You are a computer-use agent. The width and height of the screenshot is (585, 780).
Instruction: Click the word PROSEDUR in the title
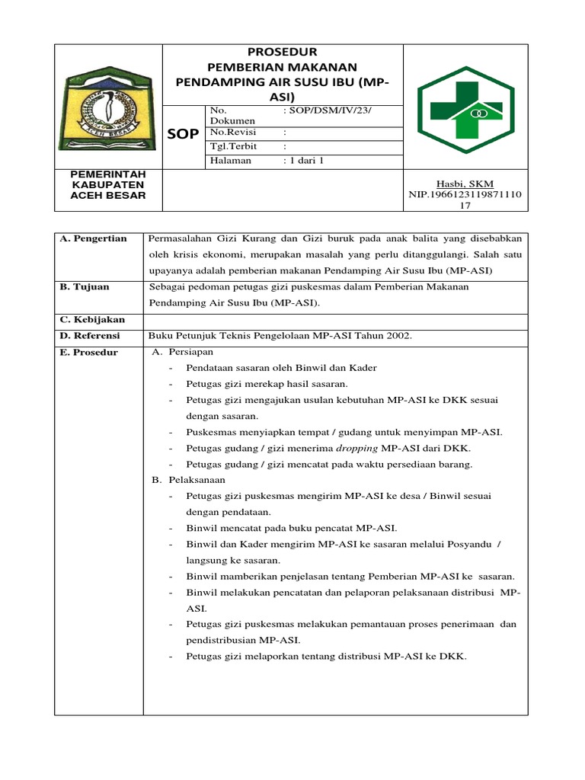coord(283,52)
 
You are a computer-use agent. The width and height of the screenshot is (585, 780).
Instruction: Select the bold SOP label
coord(183,134)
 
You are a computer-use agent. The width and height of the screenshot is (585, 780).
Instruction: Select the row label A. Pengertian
coord(94,238)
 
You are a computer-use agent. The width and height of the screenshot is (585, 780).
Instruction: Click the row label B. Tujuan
coord(85,286)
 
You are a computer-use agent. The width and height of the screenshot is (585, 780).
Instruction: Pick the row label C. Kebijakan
coord(92,319)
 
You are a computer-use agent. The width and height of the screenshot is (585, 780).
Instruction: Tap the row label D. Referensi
coord(91,336)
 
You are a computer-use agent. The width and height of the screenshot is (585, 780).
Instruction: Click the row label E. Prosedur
coord(88,353)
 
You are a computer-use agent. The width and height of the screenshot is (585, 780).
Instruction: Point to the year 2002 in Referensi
coord(396,336)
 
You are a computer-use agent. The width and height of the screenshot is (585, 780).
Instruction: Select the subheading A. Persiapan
coord(183,352)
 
